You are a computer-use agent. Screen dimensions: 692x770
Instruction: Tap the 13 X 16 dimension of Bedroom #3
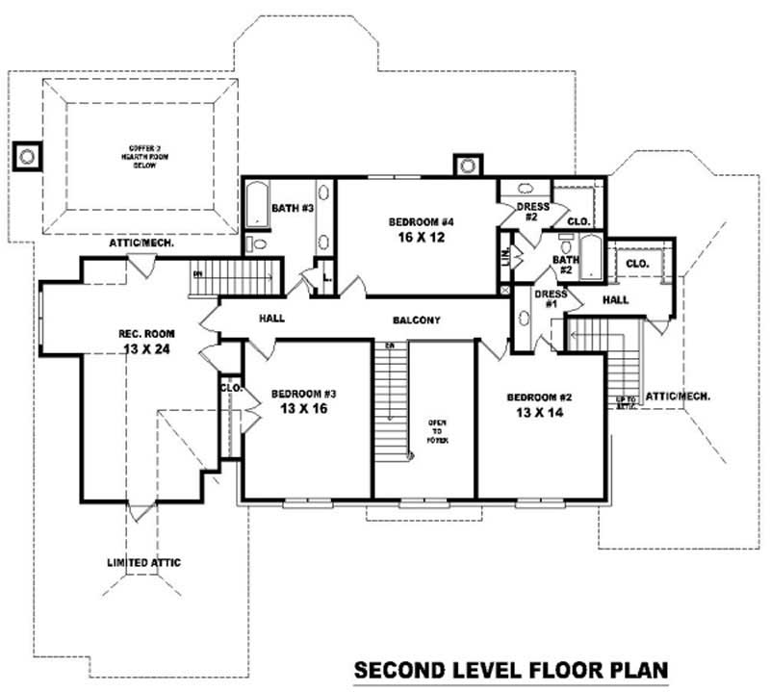302,409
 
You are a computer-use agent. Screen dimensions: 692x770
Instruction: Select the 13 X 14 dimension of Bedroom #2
537,412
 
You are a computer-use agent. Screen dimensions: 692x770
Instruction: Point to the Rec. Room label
146,334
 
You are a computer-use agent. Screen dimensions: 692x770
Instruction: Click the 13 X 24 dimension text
146,349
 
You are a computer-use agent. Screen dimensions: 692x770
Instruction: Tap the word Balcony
416,320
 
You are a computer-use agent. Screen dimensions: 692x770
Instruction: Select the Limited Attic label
143,562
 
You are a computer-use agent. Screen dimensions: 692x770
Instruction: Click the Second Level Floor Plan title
510,669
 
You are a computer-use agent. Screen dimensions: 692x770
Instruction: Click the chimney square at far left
28,154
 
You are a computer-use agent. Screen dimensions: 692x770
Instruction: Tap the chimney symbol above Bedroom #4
468,166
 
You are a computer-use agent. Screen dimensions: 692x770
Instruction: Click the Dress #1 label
550,299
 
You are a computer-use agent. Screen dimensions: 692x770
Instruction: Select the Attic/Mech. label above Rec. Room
141,243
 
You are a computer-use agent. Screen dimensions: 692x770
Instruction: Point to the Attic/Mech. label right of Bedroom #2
678,396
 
